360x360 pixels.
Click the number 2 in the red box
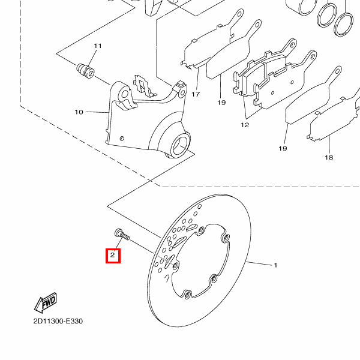coord(112,256)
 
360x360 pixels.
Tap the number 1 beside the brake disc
coord(275,265)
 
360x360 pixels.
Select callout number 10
coord(79,112)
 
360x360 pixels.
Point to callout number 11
coord(98,47)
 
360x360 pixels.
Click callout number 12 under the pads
coord(245,125)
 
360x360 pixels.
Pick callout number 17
coord(196,95)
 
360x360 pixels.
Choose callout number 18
coord(329,157)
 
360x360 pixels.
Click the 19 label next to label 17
coord(221,103)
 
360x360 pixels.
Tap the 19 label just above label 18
coord(283,148)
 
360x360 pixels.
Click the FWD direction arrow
coord(46,305)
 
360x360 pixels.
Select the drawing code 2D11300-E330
coord(58,321)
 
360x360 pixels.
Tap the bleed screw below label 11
coord(85,70)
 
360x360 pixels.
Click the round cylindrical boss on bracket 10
coord(181,145)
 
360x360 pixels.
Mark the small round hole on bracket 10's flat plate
coord(121,139)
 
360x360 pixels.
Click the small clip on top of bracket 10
coord(143,85)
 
